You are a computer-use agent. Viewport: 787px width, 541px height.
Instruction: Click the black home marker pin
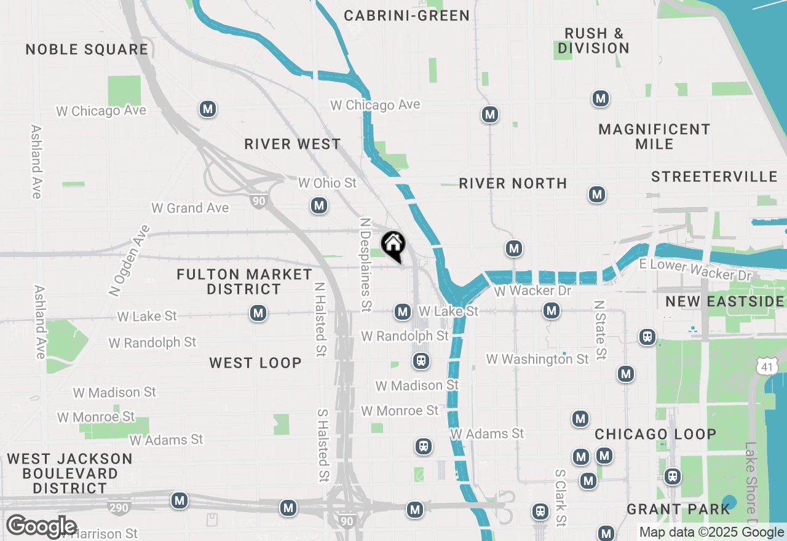tap(393, 246)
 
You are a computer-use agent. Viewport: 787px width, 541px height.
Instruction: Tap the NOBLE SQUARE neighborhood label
tap(87, 50)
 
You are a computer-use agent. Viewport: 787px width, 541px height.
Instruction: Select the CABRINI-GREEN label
tap(406, 16)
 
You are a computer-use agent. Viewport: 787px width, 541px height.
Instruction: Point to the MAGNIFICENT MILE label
tap(654, 136)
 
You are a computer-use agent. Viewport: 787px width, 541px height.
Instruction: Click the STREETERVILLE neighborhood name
tap(714, 177)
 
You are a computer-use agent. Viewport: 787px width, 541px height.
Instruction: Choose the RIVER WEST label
tap(292, 144)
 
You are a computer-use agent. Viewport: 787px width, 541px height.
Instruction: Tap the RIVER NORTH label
tap(513, 183)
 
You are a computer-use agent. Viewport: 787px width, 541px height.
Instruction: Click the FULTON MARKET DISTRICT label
tap(244, 282)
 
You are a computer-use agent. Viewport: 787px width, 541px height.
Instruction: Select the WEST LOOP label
tap(255, 363)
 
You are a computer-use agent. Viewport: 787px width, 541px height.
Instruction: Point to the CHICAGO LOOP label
tap(655, 434)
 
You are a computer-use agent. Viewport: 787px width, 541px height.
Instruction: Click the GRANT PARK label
tap(678, 509)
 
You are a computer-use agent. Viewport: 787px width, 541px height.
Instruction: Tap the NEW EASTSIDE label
tap(725, 301)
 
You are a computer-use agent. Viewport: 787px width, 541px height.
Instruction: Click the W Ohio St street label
tap(327, 183)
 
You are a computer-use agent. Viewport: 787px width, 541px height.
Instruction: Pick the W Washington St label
tap(537, 359)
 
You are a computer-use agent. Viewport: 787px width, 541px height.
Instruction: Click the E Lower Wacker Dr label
tap(695, 269)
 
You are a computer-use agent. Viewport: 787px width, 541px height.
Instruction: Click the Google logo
tap(41, 527)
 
